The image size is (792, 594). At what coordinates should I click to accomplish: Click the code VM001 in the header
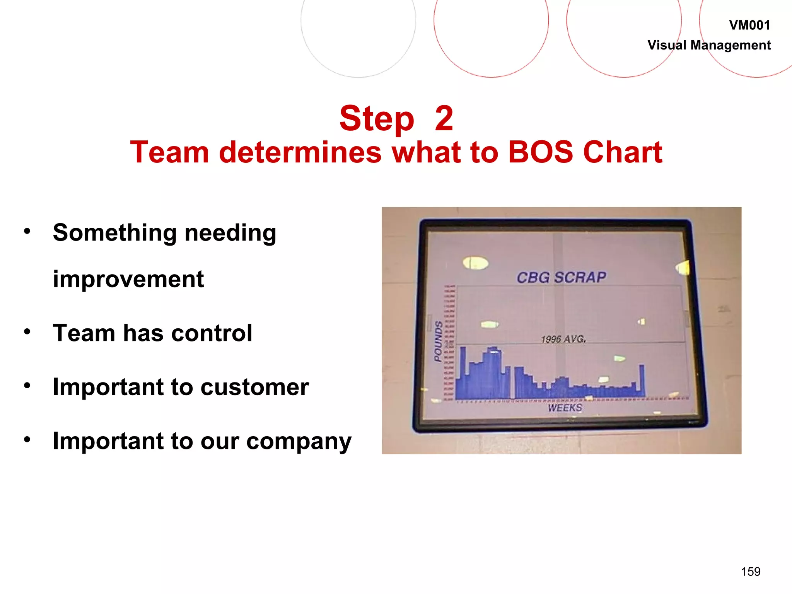(749, 26)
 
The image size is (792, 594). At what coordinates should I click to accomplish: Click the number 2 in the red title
(444, 118)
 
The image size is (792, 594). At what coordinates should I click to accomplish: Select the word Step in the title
(377, 118)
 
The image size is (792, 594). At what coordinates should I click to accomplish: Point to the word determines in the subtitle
(300, 152)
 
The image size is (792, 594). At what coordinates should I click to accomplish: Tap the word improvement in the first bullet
(128, 279)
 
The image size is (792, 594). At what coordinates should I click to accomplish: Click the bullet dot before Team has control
(27, 331)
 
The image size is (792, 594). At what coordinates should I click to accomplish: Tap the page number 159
(750, 571)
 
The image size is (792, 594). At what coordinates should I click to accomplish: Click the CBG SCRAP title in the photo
(561, 277)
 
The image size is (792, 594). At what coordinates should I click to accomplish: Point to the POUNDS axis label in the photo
(438, 341)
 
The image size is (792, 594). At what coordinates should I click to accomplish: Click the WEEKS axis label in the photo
(565, 408)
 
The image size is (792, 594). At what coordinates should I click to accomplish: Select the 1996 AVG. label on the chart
(563, 339)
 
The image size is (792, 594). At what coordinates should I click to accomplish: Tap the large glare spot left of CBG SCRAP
(476, 263)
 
